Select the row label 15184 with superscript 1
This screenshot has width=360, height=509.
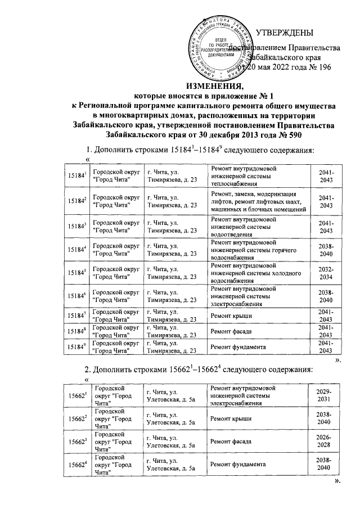[x=76, y=175]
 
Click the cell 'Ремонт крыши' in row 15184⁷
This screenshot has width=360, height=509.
[x=228, y=317]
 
